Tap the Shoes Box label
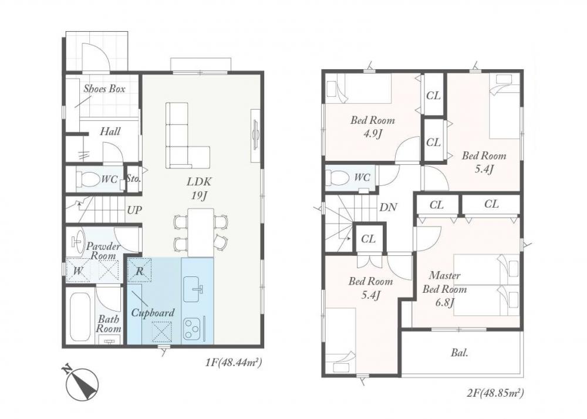click(104, 89)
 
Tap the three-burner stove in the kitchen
click(192, 329)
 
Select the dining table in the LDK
click(201, 232)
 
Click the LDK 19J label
click(199, 188)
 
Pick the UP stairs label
click(134, 210)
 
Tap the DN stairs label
click(388, 207)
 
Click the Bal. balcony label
click(460, 353)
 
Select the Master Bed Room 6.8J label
click(445, 289)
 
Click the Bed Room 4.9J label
click(373, 127)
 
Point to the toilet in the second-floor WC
click(335, 178)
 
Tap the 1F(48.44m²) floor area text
click(232, 362)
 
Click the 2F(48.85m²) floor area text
click(495, 393)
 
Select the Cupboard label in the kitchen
click(153, 313)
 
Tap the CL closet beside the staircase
click(369, 239)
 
